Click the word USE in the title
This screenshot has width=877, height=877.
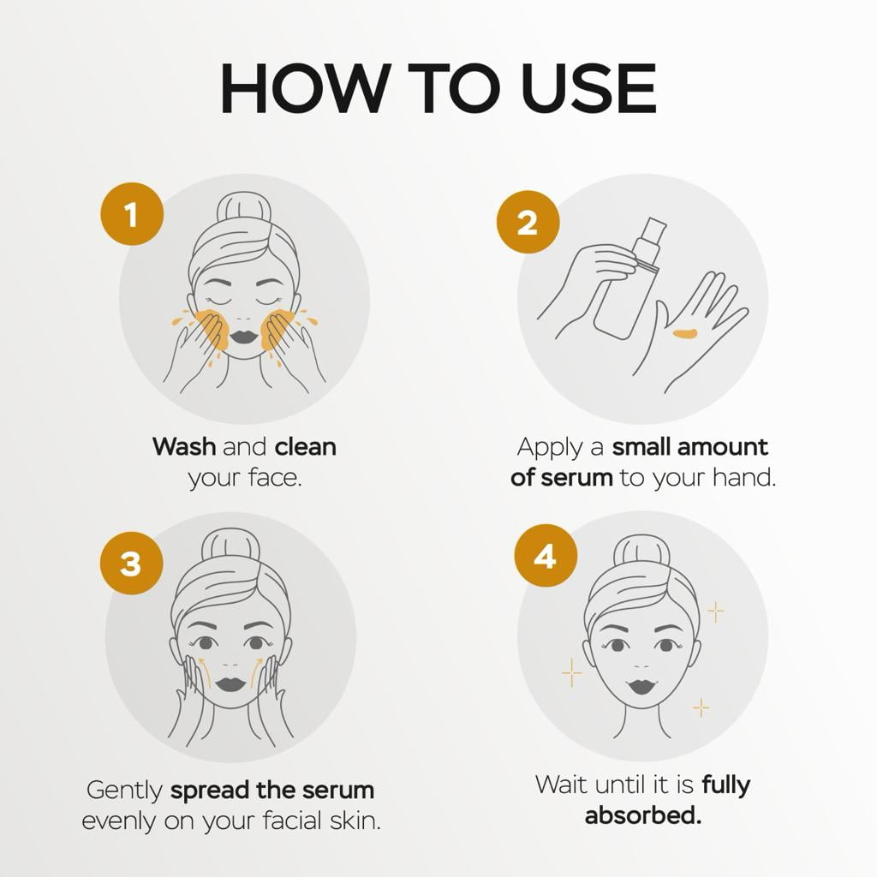tap(588, 88)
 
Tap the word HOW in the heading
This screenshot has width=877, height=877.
tap(306, 88)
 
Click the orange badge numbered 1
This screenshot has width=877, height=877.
tap(132, 214)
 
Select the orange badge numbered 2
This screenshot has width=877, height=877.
tap(528, 222)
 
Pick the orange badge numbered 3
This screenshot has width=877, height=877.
tap(131, 563)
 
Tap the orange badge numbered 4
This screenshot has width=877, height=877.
tap(546, 556)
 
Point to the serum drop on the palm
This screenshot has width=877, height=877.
tap(685, 334)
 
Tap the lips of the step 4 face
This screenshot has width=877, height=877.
tap(641, 686)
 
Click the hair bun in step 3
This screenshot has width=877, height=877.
tap(230, 544)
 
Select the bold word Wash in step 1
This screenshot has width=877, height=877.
tap(184, 447)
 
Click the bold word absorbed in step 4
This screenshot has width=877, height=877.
tap(642, 815)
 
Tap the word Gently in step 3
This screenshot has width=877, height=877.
tap(124, 791)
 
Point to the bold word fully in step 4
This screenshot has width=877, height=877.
tap(726, 785)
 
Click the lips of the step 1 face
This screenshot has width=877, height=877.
tap(244, 337)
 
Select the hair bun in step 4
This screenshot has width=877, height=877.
tap(641, 551)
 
